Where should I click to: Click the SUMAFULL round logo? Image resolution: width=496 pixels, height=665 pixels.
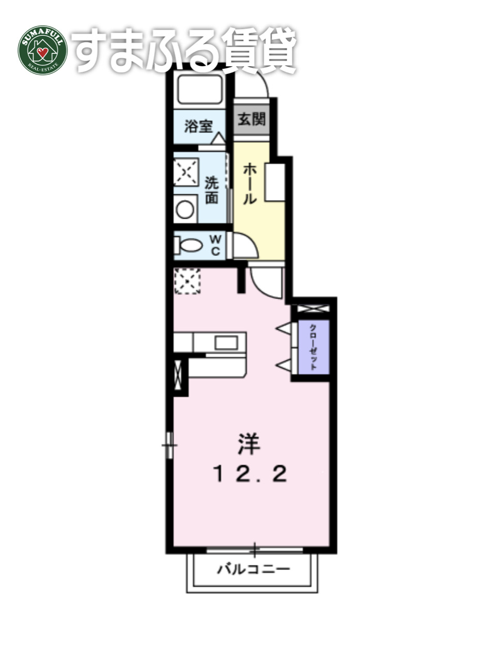click(x=43, y=50)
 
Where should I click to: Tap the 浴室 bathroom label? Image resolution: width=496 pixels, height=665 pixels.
click(x=199, y=126)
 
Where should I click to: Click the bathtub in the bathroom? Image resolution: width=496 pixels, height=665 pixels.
click(x=200, y=89)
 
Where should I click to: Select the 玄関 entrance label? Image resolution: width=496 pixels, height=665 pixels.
click(x=252, y=119)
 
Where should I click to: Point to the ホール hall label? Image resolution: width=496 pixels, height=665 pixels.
click(x=250, y=183)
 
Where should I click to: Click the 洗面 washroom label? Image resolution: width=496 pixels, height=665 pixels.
click(x=211, y=190)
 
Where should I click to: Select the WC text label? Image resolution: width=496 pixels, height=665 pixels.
click(x=216, y=245)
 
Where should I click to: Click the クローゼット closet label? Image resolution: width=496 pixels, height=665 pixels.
click(x=314, y=347)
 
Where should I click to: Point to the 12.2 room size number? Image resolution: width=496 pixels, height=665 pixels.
click(x=250, y=474)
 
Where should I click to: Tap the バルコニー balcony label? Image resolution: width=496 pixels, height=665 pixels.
click(x=253, y=570)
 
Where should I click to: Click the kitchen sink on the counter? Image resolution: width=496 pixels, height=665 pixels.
click(x=225, y=343)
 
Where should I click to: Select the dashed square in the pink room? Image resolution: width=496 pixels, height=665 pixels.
click(x=187, y=281)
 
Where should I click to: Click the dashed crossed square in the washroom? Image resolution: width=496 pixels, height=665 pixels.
click(x=185, y=172)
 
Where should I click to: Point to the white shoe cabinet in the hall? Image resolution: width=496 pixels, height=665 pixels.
click(x=274, y=182)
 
